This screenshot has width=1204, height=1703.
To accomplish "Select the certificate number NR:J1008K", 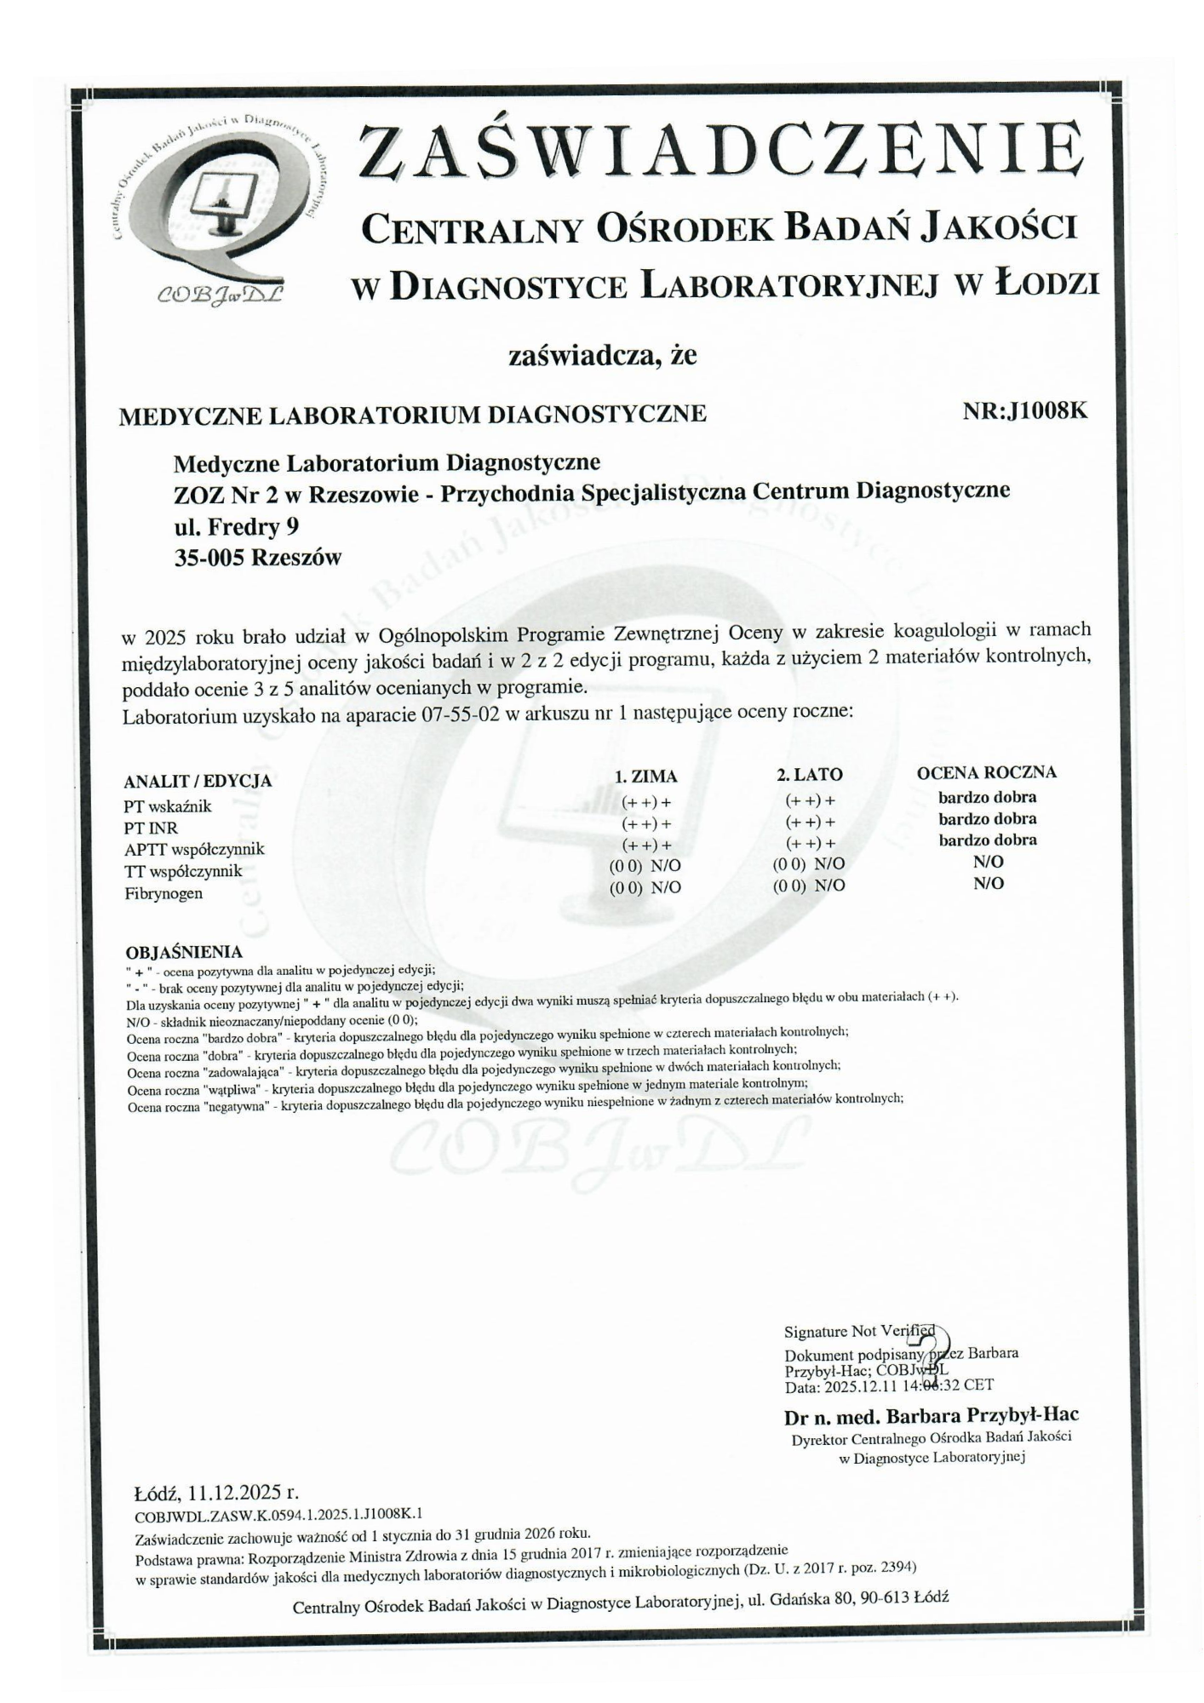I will pos(1025,411).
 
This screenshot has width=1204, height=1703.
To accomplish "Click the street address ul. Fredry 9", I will pos(236,527).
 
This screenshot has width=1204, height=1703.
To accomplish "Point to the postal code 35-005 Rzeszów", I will pos(257,558).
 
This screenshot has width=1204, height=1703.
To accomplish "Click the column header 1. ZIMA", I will pos(646,776).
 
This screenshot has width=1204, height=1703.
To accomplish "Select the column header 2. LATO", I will pos(809,774).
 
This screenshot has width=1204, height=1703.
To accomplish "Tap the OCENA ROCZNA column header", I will pos(986,772).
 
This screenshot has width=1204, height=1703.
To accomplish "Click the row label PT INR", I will pos(151,828).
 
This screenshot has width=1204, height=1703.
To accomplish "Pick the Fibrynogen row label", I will pos(163,893).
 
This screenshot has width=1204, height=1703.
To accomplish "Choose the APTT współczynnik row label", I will pos(194,849).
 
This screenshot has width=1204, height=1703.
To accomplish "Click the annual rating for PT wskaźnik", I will pos(987,798).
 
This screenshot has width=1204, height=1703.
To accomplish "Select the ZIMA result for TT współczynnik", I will pos(646,865).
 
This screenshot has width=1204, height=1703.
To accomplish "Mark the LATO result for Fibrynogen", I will pos(809,886).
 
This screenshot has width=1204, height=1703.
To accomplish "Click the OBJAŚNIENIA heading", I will pos(184,952).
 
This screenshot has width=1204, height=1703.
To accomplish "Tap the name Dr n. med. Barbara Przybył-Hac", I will pos(931,1415).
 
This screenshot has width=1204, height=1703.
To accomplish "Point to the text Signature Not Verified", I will pos(859,1332).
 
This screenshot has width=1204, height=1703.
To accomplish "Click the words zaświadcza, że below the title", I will pos(602,355).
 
